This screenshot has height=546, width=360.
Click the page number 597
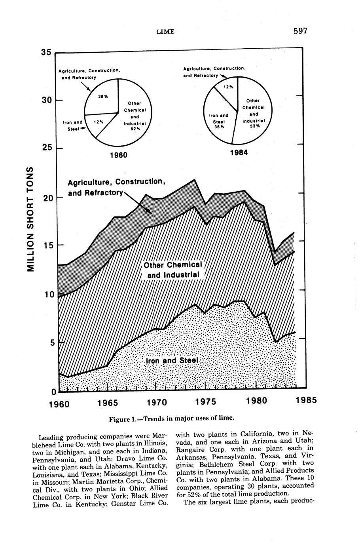tap(300, 31)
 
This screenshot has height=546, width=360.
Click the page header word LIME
tap(165, 32)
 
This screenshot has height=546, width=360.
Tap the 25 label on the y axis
tap(47, 148)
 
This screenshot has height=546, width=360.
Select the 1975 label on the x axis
tap(205, 402)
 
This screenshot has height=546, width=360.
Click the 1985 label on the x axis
tap(306, 400)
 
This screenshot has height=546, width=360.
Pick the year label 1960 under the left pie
tap(118, 155)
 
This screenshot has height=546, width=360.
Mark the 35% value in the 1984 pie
tap(219, 127)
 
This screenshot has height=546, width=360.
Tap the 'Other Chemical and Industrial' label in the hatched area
tap(173, 270)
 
